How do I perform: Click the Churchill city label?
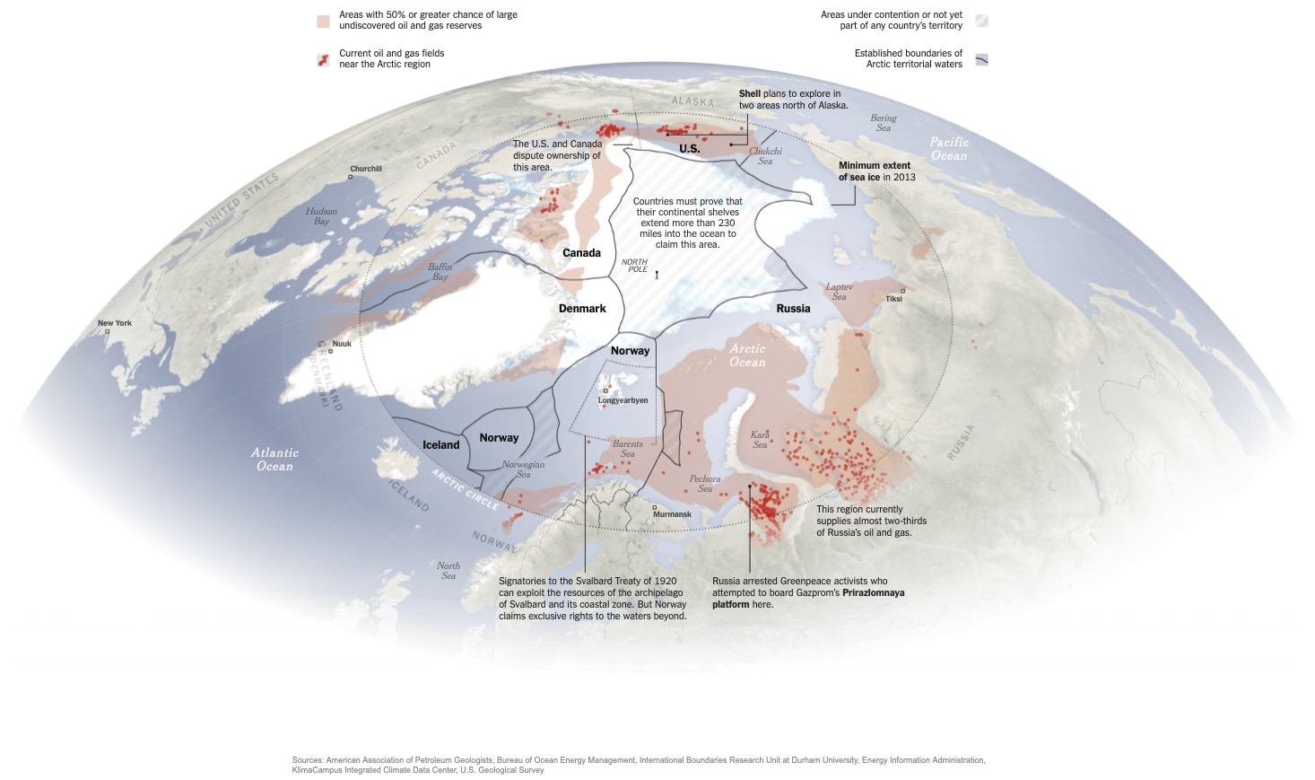tap(366, 169)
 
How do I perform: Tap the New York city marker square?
tap(108, 332)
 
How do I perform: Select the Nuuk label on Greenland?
tap(342, 344)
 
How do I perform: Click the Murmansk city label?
tap(672, 514)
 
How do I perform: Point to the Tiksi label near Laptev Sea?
tap(893, 299)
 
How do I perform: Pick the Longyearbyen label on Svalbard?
tap(623, 400)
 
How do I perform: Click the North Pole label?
tap(635, 266)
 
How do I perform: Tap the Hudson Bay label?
tap(321, 216)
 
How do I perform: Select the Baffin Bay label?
tap(440, 272)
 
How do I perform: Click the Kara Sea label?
tap(760, 440)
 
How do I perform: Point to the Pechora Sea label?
tap(705, 484)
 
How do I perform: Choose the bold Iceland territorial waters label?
tap(440, 445)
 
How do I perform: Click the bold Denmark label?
tap(582, 309)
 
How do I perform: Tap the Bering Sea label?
tap(883, 123)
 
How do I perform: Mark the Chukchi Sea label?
tap(765, 156)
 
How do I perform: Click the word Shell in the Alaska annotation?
tap(750, 93)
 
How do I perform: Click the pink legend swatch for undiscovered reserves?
tap(323, 21)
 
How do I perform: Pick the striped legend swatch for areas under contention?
tap(981, 21)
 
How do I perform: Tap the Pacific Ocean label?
tap(949, 149)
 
